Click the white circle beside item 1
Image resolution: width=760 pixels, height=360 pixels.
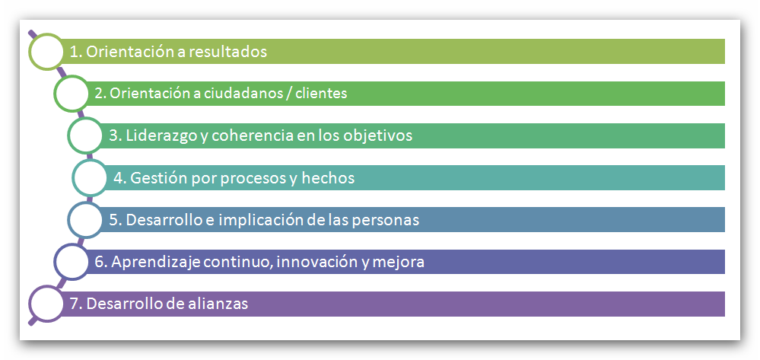(46, 52)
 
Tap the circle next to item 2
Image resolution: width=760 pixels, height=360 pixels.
(72, 93)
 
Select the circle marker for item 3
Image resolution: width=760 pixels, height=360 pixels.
(85, 135)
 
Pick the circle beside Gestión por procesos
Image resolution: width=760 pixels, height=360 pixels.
(91, 177)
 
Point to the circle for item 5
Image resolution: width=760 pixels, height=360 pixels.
(85, 220)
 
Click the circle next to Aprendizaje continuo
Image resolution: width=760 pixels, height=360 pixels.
(72, 262)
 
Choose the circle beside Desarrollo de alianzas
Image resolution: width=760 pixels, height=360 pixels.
(46, 304)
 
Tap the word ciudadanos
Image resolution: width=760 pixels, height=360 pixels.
(246, 93)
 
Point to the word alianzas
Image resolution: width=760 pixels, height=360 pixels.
(220, 304)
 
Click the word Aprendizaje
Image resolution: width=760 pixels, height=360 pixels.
(157, 263)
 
